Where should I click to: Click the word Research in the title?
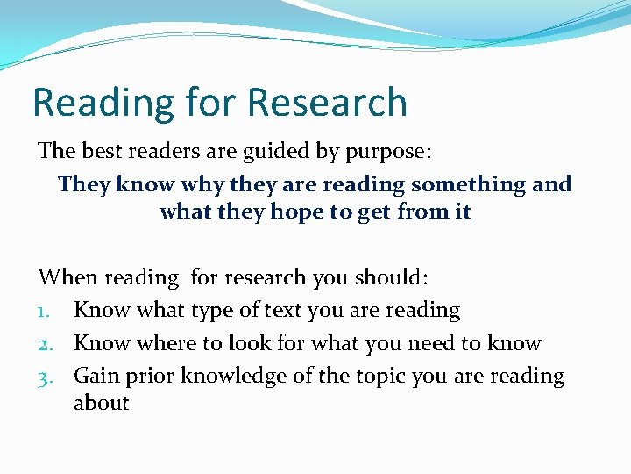coord(327,102)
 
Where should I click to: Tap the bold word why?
coord(204,184)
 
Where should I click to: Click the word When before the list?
coord(67,277)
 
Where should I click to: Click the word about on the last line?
coord(101,403)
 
